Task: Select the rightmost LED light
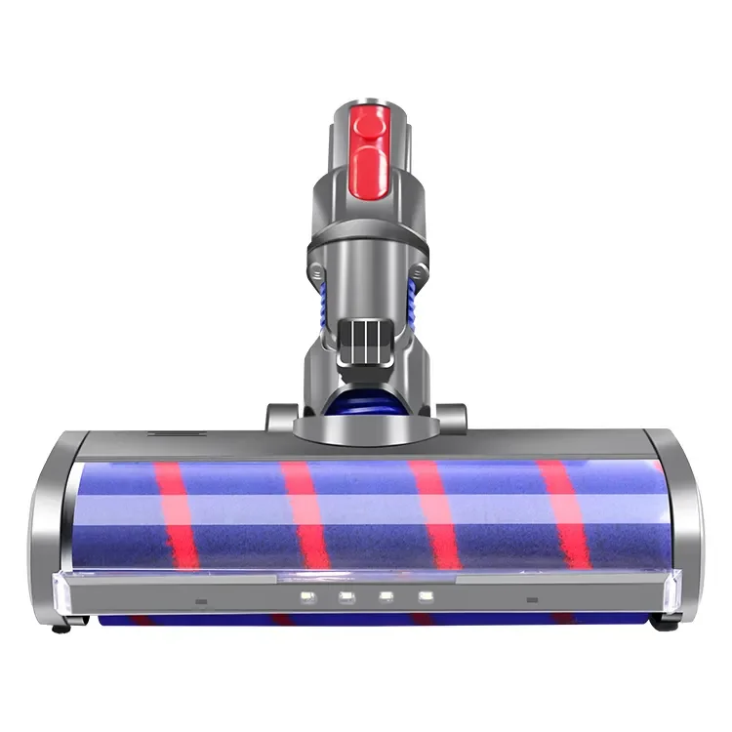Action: point(425,597)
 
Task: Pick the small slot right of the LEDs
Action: point(532,601)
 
